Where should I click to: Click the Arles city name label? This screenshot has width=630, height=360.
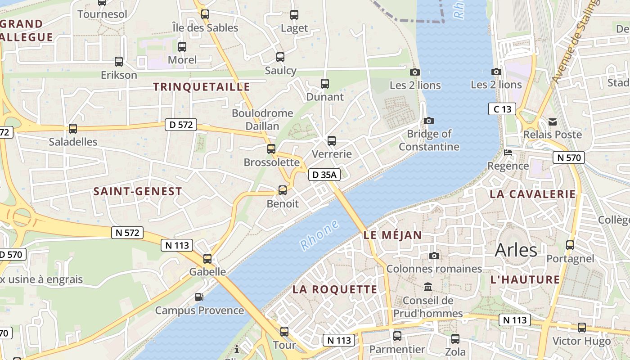(x=516, y=250)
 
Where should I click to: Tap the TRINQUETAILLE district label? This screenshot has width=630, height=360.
(x=202, y=87)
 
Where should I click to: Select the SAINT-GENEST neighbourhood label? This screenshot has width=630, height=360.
(x=138, y=191)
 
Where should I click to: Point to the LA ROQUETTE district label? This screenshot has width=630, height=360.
(x=335, y=289)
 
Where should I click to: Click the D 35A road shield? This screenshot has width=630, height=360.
(x=324, y=175)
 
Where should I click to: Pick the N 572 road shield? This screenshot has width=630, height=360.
(x=127, y=233)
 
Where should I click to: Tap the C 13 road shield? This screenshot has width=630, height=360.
(x=502, y=109)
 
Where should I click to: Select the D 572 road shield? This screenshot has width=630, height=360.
(x=181, y=125)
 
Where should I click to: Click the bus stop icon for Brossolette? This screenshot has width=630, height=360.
(x=271, y=149)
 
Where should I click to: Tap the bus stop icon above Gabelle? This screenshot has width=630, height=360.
(x=207, y=259)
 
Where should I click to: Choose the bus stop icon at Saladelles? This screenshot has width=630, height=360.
(x=73, y=129)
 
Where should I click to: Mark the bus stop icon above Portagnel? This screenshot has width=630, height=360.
(x=570, y=245)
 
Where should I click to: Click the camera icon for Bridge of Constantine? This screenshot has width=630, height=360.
(x=429, y=121)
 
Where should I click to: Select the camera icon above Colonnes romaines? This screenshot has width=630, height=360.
(x=434, y=256)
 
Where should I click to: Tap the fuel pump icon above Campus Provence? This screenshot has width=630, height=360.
(x=199, y=297)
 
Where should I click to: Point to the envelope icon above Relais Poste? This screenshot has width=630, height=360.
(x=553, y=121)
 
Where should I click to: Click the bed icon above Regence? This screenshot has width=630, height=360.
(x=508, y=153)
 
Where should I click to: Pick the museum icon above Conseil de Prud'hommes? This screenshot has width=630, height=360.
(x=428, y=287)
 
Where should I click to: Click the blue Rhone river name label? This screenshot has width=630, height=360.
(x=319, y=235)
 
